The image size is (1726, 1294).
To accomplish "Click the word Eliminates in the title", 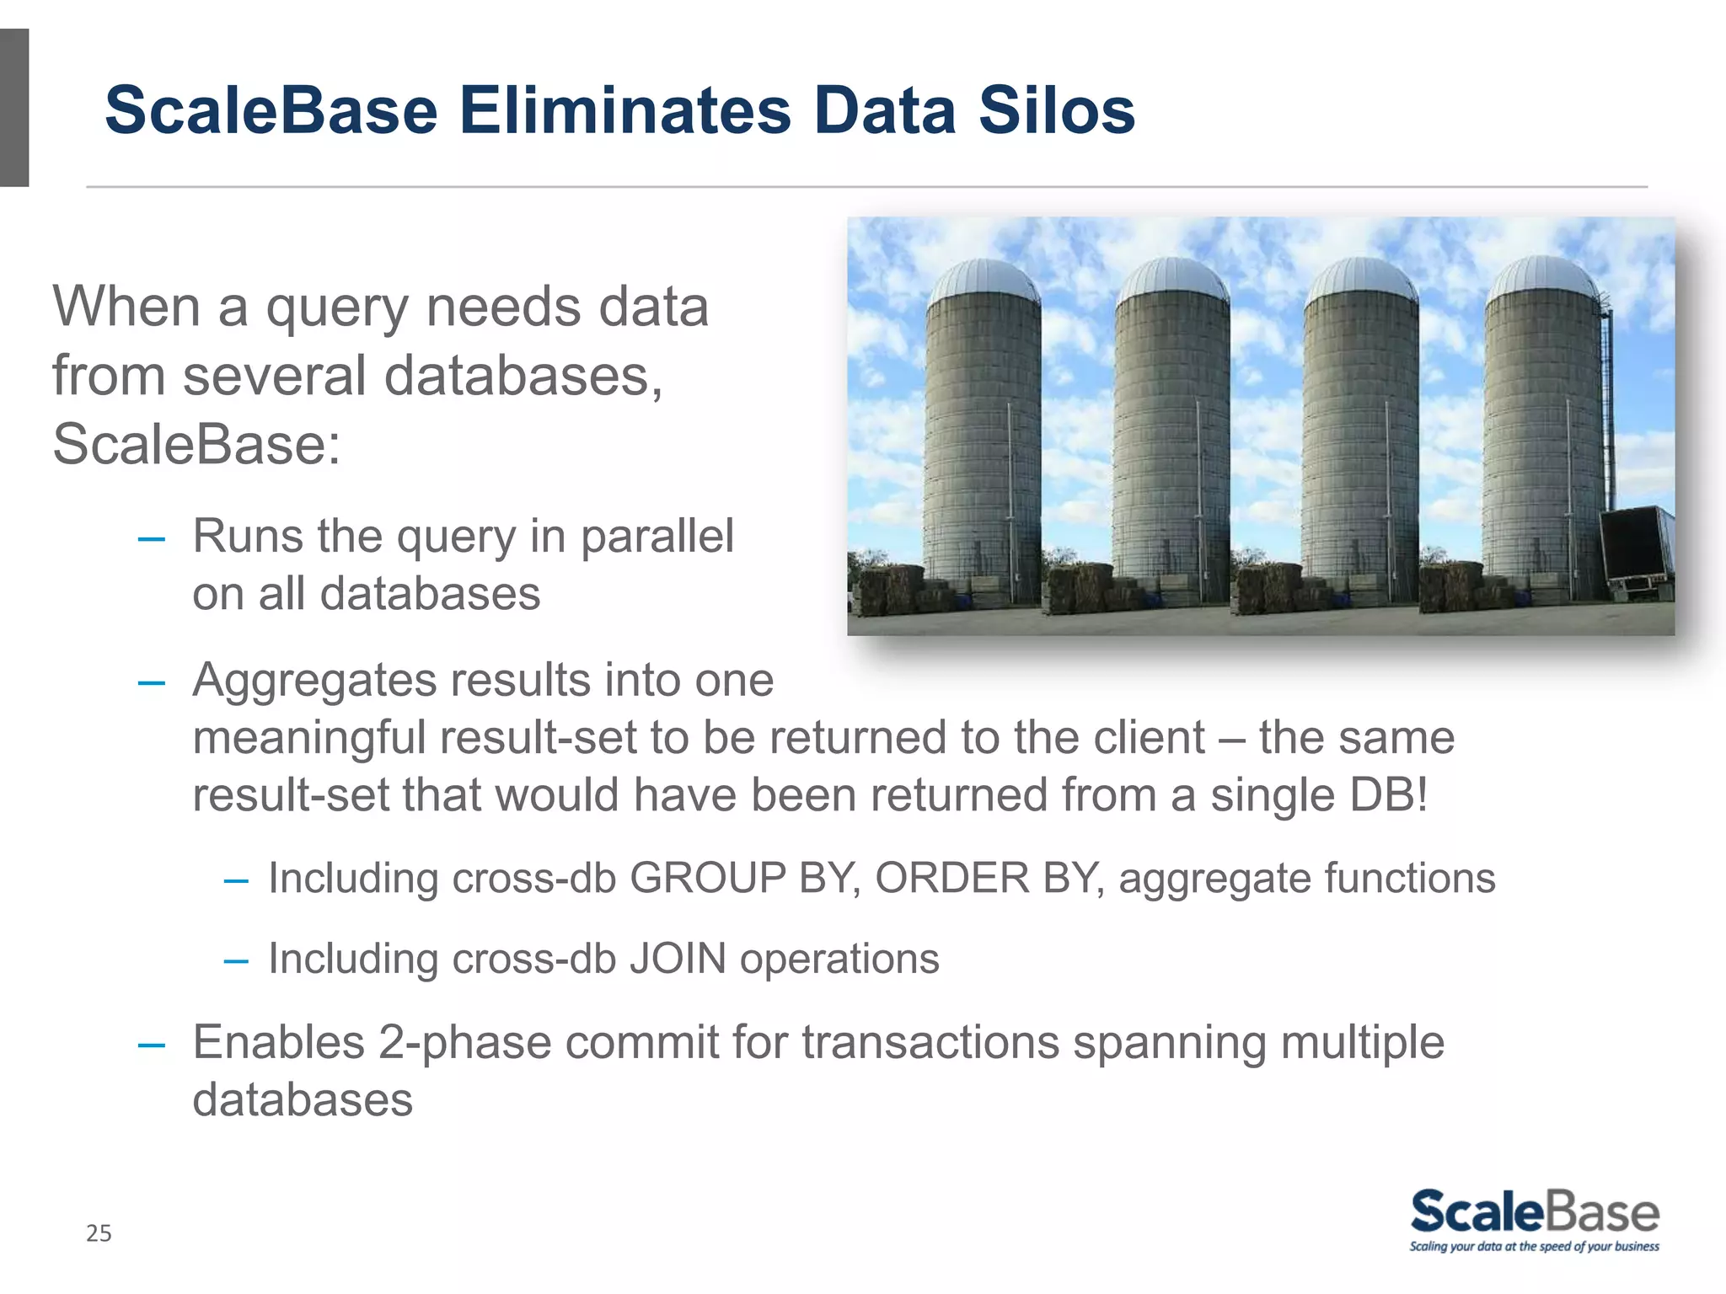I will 624,110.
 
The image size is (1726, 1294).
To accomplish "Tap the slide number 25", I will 99,1233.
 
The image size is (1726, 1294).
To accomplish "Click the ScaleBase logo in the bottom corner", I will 1534,1213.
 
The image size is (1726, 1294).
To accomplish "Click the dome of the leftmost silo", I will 984,281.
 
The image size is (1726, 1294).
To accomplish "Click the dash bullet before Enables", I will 152,1045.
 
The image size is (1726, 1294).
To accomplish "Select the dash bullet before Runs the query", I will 152,538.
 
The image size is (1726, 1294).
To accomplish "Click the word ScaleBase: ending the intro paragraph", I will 196,444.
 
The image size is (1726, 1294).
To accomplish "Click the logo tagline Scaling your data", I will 1534,1247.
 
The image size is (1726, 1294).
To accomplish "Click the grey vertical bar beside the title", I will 14,108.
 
